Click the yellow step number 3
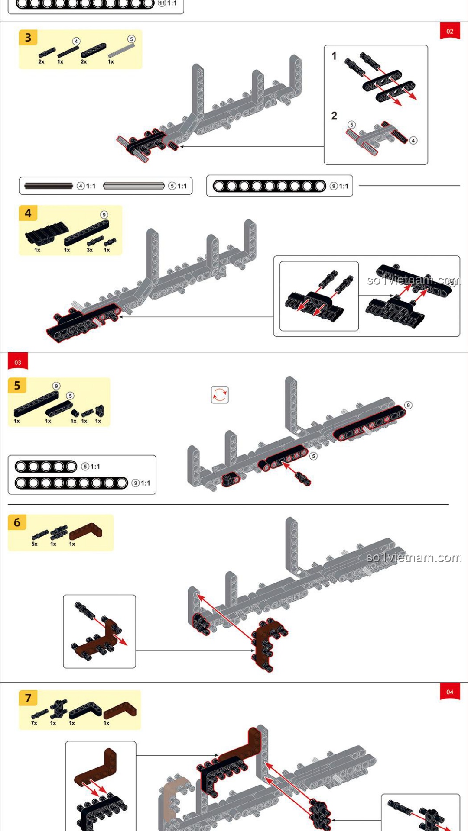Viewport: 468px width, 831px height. [28, 38]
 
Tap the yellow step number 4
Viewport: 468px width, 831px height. [28, 213]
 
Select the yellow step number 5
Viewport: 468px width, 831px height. [17, 386]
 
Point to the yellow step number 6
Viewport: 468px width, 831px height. [17, 522]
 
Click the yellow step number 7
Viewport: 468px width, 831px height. [28, 698]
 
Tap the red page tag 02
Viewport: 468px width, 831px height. [450, 31]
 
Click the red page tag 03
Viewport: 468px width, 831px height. [18, 362]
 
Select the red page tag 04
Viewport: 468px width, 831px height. [450, 692]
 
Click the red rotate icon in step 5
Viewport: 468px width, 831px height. [220, 395]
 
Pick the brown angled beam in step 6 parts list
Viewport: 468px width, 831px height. [86, 531]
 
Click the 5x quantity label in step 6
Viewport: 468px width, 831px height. [35, 544]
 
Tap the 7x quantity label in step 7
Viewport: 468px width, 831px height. [34, 723]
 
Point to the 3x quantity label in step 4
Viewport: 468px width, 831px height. [90, 250]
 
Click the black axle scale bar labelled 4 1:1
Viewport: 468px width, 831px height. [49, 186]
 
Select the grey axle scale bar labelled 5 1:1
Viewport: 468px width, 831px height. [134, 186]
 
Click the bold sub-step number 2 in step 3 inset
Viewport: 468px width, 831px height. [334, 116]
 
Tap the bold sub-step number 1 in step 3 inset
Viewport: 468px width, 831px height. [334, 56]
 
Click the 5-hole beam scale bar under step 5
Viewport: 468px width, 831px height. [46, 467]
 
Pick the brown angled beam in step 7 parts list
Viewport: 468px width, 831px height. [120, 710]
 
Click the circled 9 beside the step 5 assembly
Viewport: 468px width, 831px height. [408, 405]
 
